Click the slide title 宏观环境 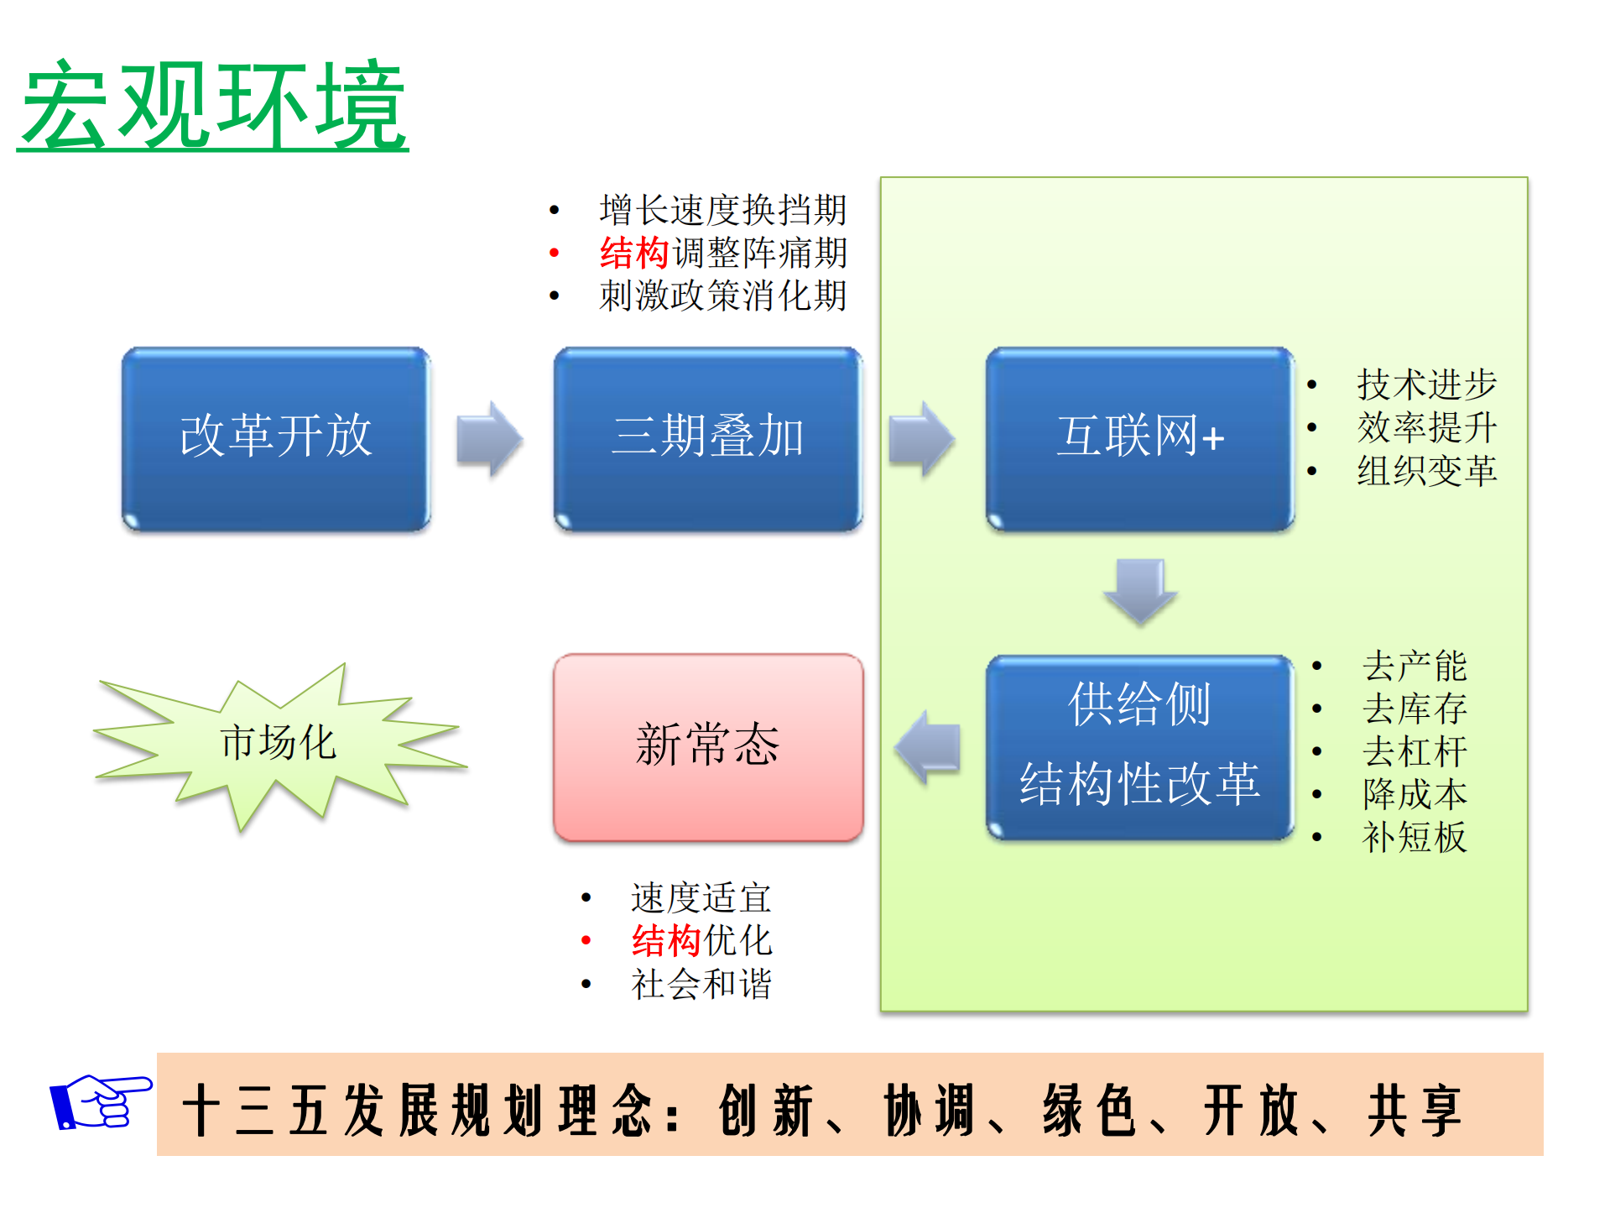pos(213,107)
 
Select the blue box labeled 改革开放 pos(276,438)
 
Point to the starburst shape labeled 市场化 pos(278,744)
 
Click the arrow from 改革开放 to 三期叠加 pos(490,438)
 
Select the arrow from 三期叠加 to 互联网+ pos(922,438)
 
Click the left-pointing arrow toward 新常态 pos(927,746)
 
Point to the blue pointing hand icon pos(100,1101)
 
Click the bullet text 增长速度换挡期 pos(722,210)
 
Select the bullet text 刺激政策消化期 pos(722,295)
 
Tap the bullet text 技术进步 pos(1426,384)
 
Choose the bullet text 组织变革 pos(1426,470)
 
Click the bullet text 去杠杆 pos(1415,751)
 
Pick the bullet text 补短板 pos(1415,837)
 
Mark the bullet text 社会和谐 pos(701,984)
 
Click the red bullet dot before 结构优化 pos(586,940)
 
